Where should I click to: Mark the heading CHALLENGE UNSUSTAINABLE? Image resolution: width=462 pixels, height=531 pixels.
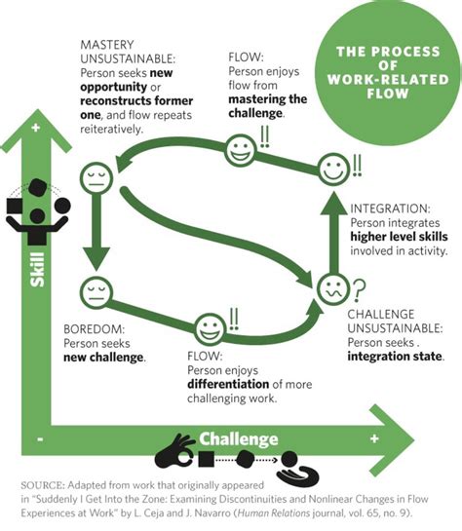(391, 322)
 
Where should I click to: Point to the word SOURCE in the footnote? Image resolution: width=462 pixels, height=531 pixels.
(44, 483)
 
